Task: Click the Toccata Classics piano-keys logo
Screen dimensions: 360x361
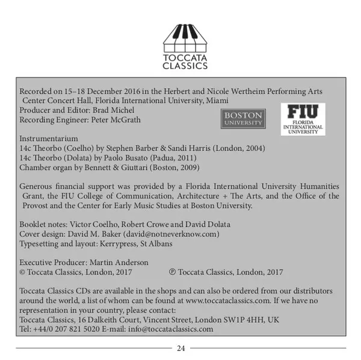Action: click(185, 37)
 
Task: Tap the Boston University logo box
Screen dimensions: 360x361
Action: click(242, 118)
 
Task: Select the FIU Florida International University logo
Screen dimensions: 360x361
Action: click(303, 118)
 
